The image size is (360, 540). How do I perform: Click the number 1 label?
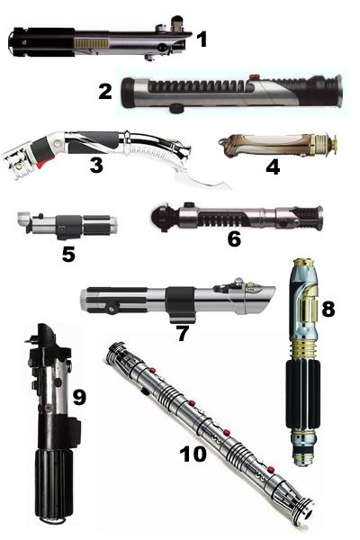(202, 40)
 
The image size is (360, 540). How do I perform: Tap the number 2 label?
(105, 91)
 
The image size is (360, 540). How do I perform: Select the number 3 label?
(96, 165)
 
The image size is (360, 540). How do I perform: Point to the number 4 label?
(273, 167)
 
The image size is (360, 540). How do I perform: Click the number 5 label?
(68, 254)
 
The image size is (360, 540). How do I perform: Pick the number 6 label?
(234, 238)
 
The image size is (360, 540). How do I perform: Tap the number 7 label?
(183, 333)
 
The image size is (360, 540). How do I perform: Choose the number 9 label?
(79, 398)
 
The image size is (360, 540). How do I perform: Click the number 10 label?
(193, 454)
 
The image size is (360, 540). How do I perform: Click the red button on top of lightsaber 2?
(254, 75)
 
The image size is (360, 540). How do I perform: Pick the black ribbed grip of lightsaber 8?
(302, 395)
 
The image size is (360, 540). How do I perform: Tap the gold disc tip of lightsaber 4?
(334, 144)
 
